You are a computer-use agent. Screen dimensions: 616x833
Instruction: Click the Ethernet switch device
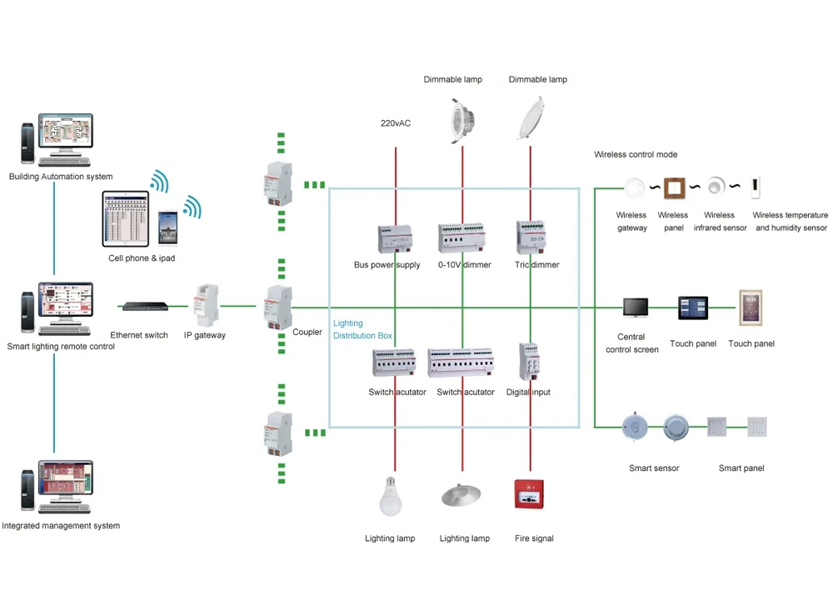pyautogui.click(x=142, y=307)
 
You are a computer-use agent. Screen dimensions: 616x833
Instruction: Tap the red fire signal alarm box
pyautogui.click(x=529, y=494)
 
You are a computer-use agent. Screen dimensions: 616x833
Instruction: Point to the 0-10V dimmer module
pyautogui.click(x=462, y=238)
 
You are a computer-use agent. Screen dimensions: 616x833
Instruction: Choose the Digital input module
pyautogui.click(x=528, y=361)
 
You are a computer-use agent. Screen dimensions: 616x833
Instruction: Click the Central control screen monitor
pyautogui.click(x=635, y=308)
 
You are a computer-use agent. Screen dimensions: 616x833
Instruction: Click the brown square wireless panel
pyautogui.click(x=673, y=187)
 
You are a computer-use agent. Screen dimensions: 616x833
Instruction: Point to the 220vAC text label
pyautogui.click(x=396, y=123)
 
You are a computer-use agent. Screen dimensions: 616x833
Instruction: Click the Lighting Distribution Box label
pyautogui.click(x=362, y=329)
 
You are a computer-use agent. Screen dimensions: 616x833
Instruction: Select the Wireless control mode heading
pyautogui.click(x=636, y=154)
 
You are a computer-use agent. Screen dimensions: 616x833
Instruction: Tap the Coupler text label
pyautogui.click(x=307, y=332)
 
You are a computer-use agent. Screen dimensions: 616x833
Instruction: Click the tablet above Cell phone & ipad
pyautogui.click(x=126, y=218)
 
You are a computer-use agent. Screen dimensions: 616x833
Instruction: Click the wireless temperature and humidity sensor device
pyautogui.click(x=756, y=187)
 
